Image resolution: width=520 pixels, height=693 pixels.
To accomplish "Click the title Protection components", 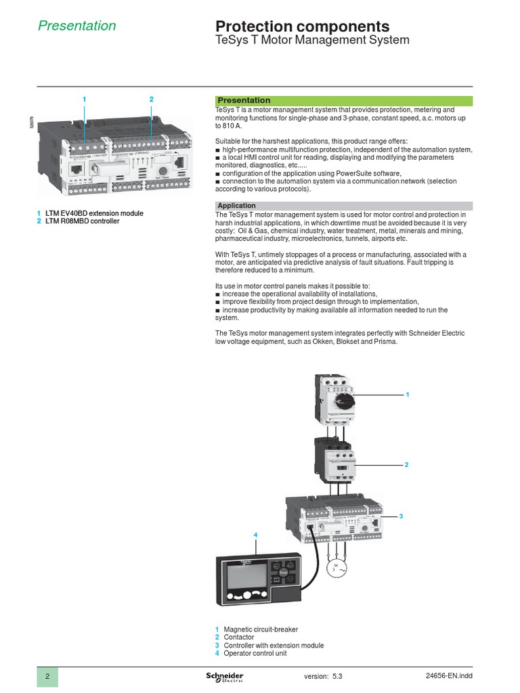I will tap(302, 26).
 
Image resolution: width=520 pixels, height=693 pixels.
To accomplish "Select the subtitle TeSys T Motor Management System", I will tap(311, 41).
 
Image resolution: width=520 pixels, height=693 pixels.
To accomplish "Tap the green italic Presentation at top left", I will tap(77, 26).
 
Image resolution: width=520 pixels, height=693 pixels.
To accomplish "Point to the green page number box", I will tap(47, 677).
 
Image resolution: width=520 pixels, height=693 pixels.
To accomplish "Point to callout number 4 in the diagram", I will tap(255, 535).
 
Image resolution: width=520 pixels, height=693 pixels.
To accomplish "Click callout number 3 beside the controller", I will tap(400, 516).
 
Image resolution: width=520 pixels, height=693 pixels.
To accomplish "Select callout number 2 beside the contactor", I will tap(406, 465).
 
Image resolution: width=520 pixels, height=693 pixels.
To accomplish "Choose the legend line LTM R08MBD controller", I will tap(82, 221).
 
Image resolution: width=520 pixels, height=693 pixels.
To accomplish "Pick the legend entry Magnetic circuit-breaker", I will tap(260, 629).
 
